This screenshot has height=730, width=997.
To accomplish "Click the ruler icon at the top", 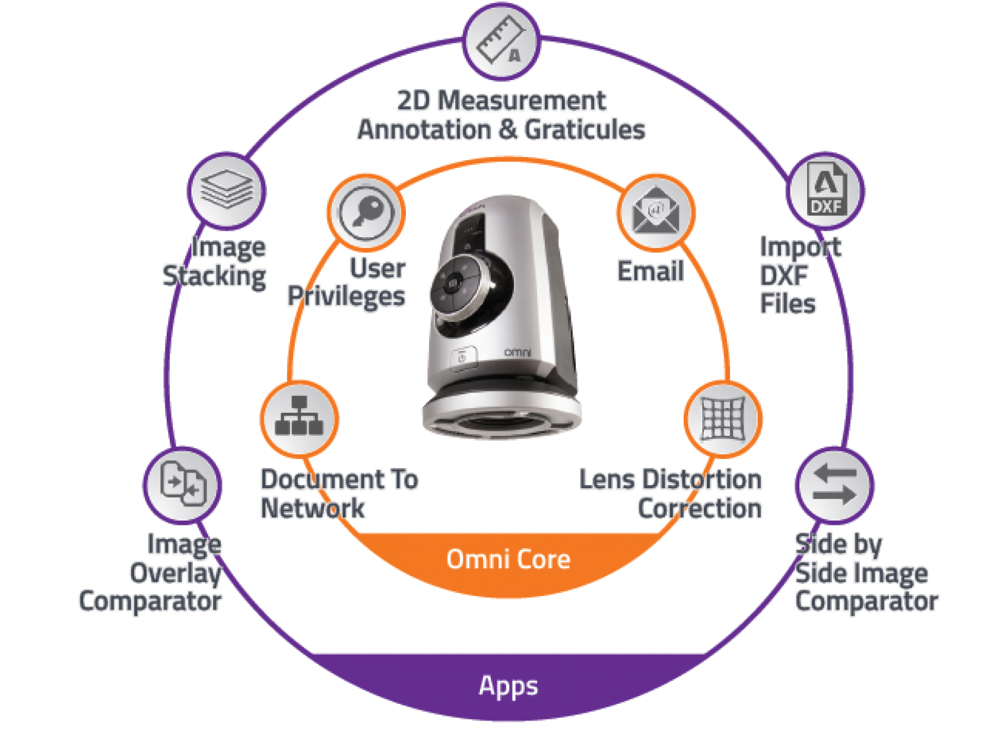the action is (x=501, y=42).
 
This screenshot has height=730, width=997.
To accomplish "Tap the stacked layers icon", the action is (x=227, y=189).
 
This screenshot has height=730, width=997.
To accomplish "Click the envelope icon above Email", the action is (x=656, y=211).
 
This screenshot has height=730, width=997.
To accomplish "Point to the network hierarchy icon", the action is (x=299, y=416).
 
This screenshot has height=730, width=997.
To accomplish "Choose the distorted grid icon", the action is (x=723, y=418).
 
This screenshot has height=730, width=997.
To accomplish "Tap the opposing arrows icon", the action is (x=834, y=485).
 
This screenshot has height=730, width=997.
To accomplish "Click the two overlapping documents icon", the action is (x=183, y=484).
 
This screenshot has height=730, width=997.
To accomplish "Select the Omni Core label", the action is (x=508, y=559).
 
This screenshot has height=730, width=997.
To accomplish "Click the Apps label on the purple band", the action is (x=508, y=687).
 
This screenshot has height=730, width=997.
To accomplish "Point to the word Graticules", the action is (x=585, y=130).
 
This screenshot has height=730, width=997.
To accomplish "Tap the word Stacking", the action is (x=215, y=277).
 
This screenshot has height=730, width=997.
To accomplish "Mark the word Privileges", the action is (x=347, y=297).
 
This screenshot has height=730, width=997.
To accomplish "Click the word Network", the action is (x=312, y=508).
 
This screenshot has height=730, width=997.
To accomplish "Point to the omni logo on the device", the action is (x=517, y=352).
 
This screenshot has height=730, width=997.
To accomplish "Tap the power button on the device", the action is (x=463, y=358).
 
